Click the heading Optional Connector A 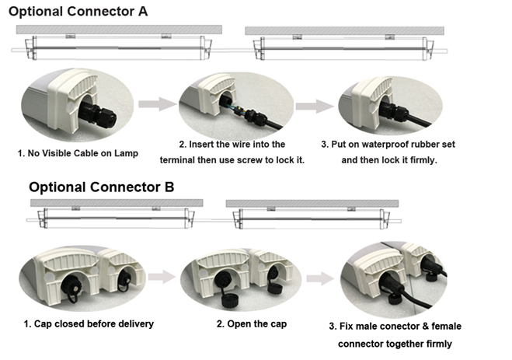coord(78,12)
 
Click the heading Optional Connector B coord(102,187)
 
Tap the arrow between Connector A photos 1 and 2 coord(158,104)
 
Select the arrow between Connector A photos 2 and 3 coord(315,107)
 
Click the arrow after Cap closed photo coord(162,277)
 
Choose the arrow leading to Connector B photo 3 coord(320,278)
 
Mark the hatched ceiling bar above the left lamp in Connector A coord(119,30)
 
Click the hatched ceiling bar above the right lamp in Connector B coord(312,204)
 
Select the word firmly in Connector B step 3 coord(439,344)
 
